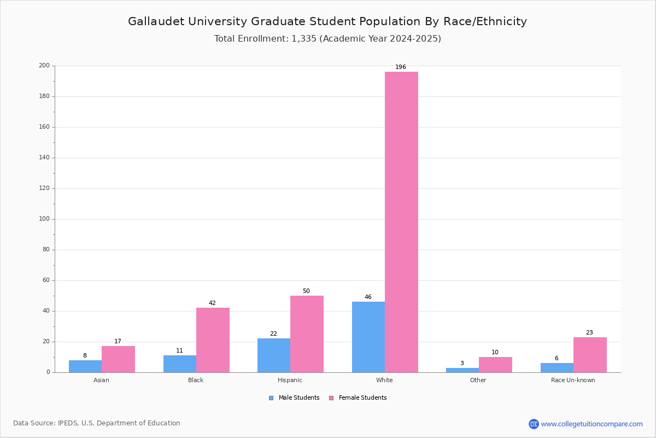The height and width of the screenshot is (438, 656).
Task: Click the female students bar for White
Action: pos(401,222)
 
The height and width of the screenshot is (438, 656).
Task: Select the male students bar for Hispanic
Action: pos(274,355)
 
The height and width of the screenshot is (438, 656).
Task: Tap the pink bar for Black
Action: pos(213,340)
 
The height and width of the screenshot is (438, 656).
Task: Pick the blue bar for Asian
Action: pos(85,366)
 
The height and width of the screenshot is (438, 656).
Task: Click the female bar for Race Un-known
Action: pos(590,355)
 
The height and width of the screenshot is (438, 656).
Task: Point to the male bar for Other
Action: pos(462,370)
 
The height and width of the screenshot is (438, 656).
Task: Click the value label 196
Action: pos(401,67)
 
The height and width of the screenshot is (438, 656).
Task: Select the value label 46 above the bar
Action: pos(368,297)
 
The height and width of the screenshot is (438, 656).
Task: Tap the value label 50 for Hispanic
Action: pos(306,291)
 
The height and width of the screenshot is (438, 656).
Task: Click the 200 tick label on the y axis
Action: pos(44,66)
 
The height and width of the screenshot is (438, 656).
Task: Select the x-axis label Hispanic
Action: pos(290,380)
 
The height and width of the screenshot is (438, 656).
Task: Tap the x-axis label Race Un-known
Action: pos(573,380)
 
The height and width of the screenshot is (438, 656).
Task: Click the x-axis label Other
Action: pos(478,380)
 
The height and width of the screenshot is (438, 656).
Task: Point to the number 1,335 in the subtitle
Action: pos(304,39)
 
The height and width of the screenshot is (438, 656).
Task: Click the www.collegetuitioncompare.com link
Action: pos(591,424)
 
